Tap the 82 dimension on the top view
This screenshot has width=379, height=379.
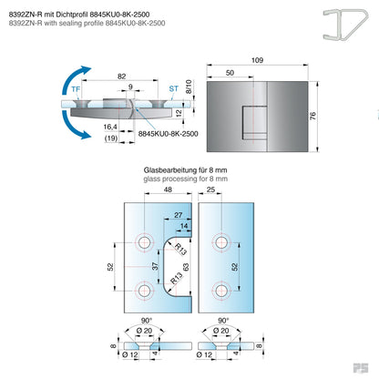pyautogui.click(x=121, y=78)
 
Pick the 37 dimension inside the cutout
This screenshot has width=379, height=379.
pyautogui.click(x=154, y=267)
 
